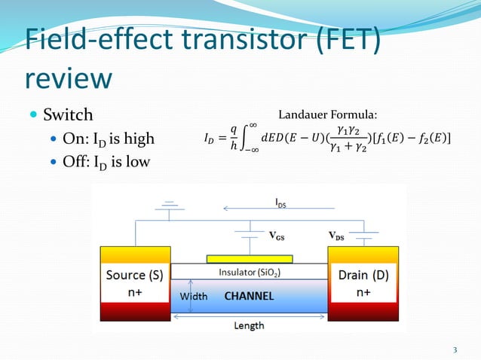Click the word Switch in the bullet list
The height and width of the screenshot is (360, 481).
click(68, 115)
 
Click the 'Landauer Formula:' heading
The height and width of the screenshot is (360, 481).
click(328, 114)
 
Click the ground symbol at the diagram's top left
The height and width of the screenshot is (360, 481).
click(171, 206)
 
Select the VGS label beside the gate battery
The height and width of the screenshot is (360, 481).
click(278, 234)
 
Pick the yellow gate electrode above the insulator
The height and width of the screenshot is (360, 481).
click(249, 257)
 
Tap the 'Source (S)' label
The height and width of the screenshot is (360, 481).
click(135, 276)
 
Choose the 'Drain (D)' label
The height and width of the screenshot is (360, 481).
click(363, 276)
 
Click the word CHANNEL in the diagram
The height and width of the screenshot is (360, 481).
click(249, 297)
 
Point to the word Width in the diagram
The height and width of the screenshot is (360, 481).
click(193, 297)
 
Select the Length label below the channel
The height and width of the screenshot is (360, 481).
click(249, 325)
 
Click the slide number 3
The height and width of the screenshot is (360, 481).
click(455, 349)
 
